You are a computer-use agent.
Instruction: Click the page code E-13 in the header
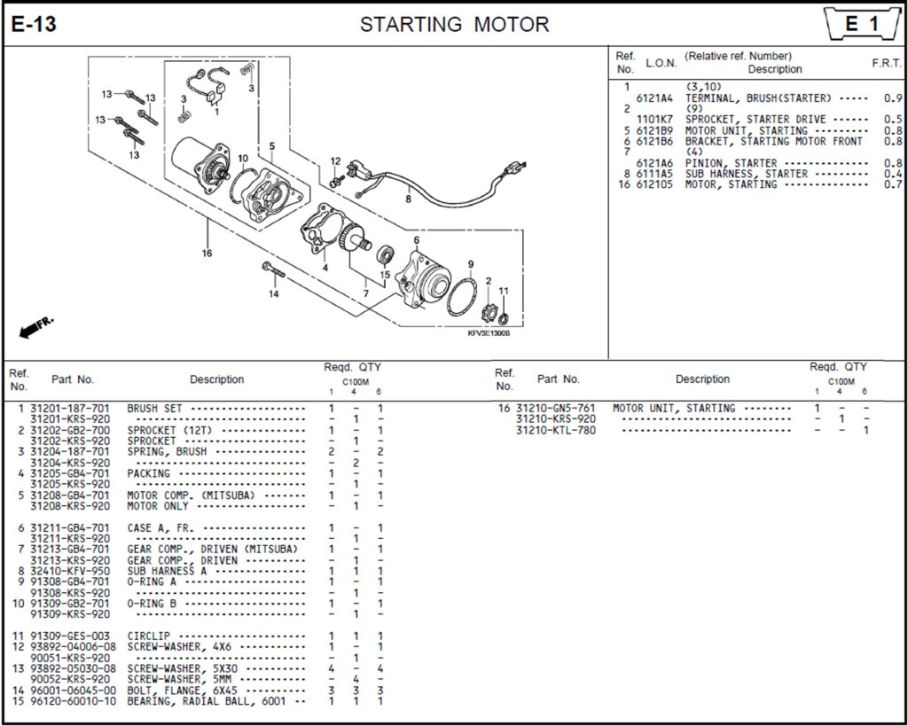tap(34, 25)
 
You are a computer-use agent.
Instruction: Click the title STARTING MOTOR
tap(454, 25)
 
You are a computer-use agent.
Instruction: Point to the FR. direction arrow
tap(35, 325)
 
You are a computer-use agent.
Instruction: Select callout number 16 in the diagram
tap(207, 254)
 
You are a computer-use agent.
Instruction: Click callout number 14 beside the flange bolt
tap(274, 293)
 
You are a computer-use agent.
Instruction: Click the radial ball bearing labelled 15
tap(386, 255)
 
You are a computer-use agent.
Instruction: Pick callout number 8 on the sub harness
tap(408, 200)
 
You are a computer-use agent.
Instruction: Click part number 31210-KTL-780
tap(556, 430)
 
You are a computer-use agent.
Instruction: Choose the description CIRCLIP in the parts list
tap(149, 636)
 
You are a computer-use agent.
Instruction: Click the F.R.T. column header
tap(887, 64)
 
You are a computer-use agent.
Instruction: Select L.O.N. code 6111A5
tap(654, 174)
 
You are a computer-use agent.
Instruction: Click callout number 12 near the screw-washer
tap(335, 160)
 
